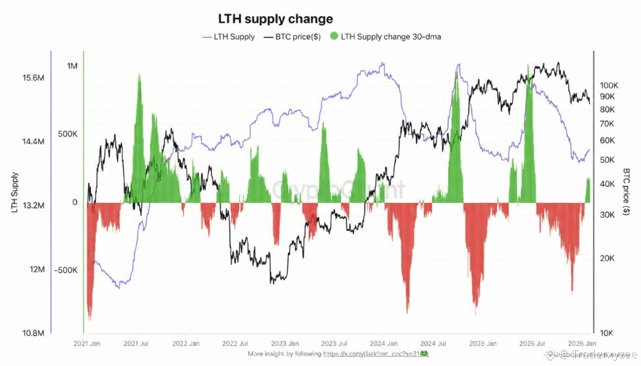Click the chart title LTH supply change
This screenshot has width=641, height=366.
tap(275, 19)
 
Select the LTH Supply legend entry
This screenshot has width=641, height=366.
tap(228, 36)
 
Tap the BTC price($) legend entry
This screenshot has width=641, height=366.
tap(292, 36)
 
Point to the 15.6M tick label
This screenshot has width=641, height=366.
tap(33, 78)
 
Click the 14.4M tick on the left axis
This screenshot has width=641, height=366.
tap(33, 142)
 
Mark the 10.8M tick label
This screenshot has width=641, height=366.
tap(33, 333)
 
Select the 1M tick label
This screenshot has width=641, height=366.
tap(72, 66)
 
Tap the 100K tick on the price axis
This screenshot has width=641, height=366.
tap(609, 86)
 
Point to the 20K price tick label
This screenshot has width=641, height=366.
tap(607, 258)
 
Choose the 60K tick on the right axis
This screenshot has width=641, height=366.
tap(607, 141)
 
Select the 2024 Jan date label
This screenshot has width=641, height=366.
tap(384, 343)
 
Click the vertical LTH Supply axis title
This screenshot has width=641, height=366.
tap(15, 192)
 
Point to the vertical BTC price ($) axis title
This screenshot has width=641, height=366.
tap(627, 192)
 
